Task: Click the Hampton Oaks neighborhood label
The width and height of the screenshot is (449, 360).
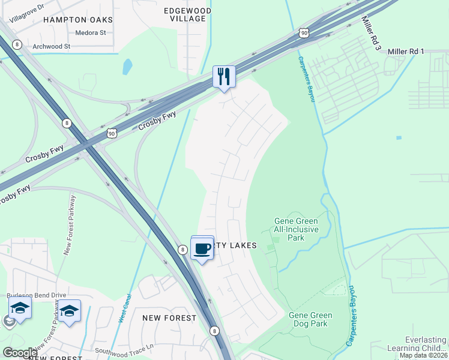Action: [x=78, y=20]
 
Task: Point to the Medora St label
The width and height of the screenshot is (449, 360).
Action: [x=91, y=33]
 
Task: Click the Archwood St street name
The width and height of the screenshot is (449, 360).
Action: [x=52, y=46]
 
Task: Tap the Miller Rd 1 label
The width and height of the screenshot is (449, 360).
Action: [x=406, y=52]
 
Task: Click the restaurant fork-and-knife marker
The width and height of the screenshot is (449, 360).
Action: [x=224, y=76]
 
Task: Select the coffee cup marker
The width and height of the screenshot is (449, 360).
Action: [x=202, y=248]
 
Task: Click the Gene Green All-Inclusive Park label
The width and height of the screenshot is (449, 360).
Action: [x=296, y=229]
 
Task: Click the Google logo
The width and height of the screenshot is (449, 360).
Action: [x=20, y=353]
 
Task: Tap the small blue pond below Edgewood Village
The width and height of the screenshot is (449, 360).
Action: [x=127, y=66]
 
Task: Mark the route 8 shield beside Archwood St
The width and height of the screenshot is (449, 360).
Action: [x=17, y=44]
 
